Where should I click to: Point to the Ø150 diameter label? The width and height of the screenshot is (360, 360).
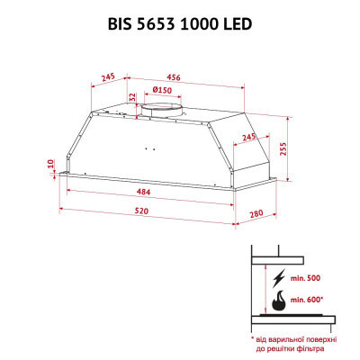(163, 90)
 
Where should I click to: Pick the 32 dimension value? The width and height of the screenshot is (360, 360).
(132, 96)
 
